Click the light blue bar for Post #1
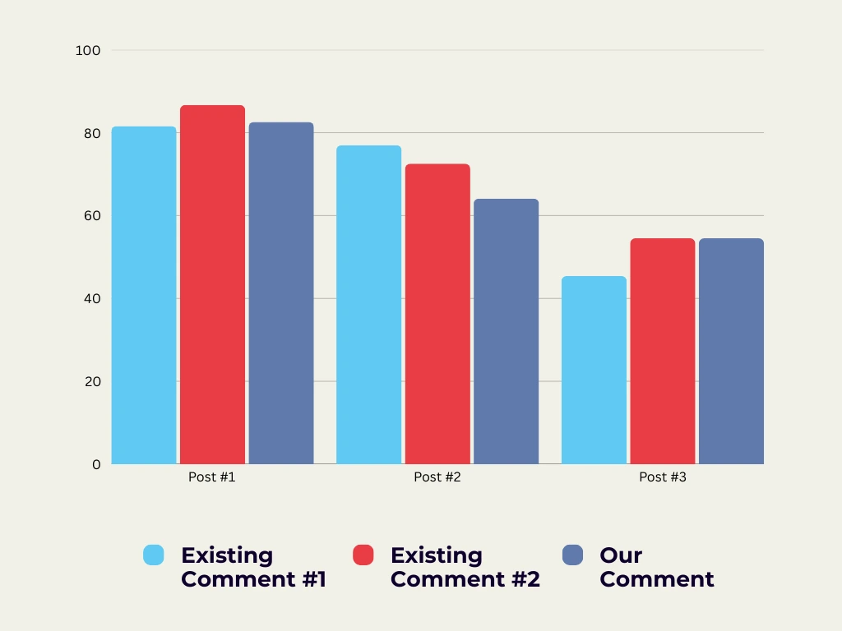[144, 296]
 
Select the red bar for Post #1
[212, 285]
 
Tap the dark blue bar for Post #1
[281, 293]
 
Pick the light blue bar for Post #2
[369, 305]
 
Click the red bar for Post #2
[437, 314]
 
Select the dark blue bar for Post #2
[506, 331]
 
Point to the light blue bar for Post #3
[594, 370]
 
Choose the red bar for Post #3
[663, 351]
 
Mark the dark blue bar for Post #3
[731, 351]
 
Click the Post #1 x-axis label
[212, 477]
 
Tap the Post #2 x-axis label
[437, 477]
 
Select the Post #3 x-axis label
[663, 477]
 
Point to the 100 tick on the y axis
[87, 50]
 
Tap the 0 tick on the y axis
[96, 464]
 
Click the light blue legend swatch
[154, 555]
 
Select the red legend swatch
[363, 555]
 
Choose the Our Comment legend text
[656, 567]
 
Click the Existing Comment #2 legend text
[465, 567]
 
